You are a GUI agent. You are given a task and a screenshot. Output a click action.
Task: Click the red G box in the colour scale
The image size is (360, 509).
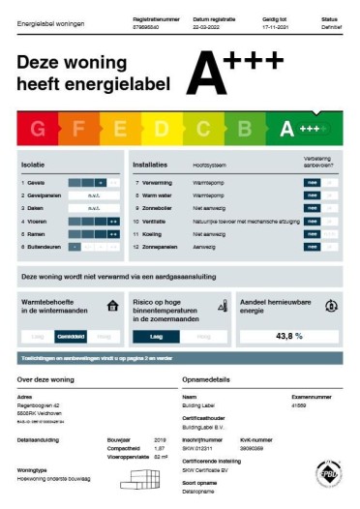pos(38,129)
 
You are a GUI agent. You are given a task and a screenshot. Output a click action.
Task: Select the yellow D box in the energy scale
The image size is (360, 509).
pos(161,129)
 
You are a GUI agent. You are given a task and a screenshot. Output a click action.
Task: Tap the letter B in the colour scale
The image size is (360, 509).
pos(246,129)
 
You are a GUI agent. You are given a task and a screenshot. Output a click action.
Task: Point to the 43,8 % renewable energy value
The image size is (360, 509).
pos(289,336)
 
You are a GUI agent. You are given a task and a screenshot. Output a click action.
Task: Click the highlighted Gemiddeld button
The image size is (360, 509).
pos(72,336)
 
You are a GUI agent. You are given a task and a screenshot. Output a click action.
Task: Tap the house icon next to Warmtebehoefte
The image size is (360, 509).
pos(113,306)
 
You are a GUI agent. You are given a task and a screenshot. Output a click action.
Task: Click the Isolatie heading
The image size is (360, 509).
pos(34,165)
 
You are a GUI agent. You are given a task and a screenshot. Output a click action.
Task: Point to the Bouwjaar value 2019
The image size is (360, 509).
pos(161,438)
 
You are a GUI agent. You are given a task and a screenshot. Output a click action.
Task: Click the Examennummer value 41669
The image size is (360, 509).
pos(300,405)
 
